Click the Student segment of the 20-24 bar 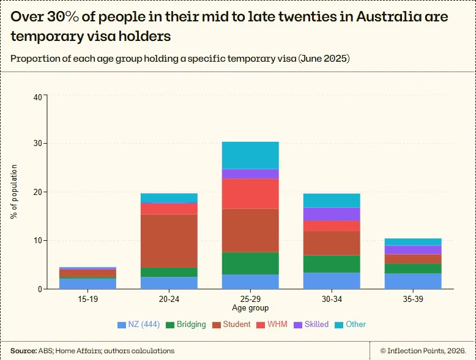(169, 241)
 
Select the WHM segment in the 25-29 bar (250, 194)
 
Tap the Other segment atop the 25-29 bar (250, 155)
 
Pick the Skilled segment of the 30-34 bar (332, 214)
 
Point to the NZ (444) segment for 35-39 (413, 281)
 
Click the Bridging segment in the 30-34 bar (332, 264)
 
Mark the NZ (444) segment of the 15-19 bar (87, 284)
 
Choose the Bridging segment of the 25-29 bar (250, 263)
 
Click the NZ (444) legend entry (139, 324)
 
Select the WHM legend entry (272, 324)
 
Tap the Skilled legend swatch (298, 325)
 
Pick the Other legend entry (351, 324)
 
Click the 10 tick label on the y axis (38, 240)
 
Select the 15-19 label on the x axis (87, 299)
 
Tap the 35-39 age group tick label (413, 299)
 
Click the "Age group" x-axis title (250, 308)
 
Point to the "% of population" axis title (14, 192)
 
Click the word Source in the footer (24, 351)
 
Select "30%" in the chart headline (63, 17)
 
